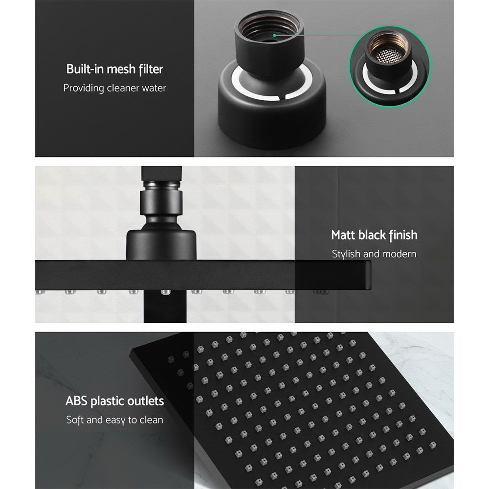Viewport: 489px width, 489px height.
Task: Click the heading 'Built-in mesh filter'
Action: [114, 69]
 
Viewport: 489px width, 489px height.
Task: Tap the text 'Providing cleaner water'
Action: [114, 89]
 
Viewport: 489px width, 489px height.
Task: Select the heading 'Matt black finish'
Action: [374, 235]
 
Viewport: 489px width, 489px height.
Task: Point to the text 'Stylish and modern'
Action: [374, 254]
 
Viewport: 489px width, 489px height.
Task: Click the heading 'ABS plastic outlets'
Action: [114, 401]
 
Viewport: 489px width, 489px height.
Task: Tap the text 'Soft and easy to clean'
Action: [114, 420]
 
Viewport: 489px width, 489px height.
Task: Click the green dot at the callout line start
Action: [275, 35]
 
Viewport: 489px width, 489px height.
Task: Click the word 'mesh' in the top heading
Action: [120, 69]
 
